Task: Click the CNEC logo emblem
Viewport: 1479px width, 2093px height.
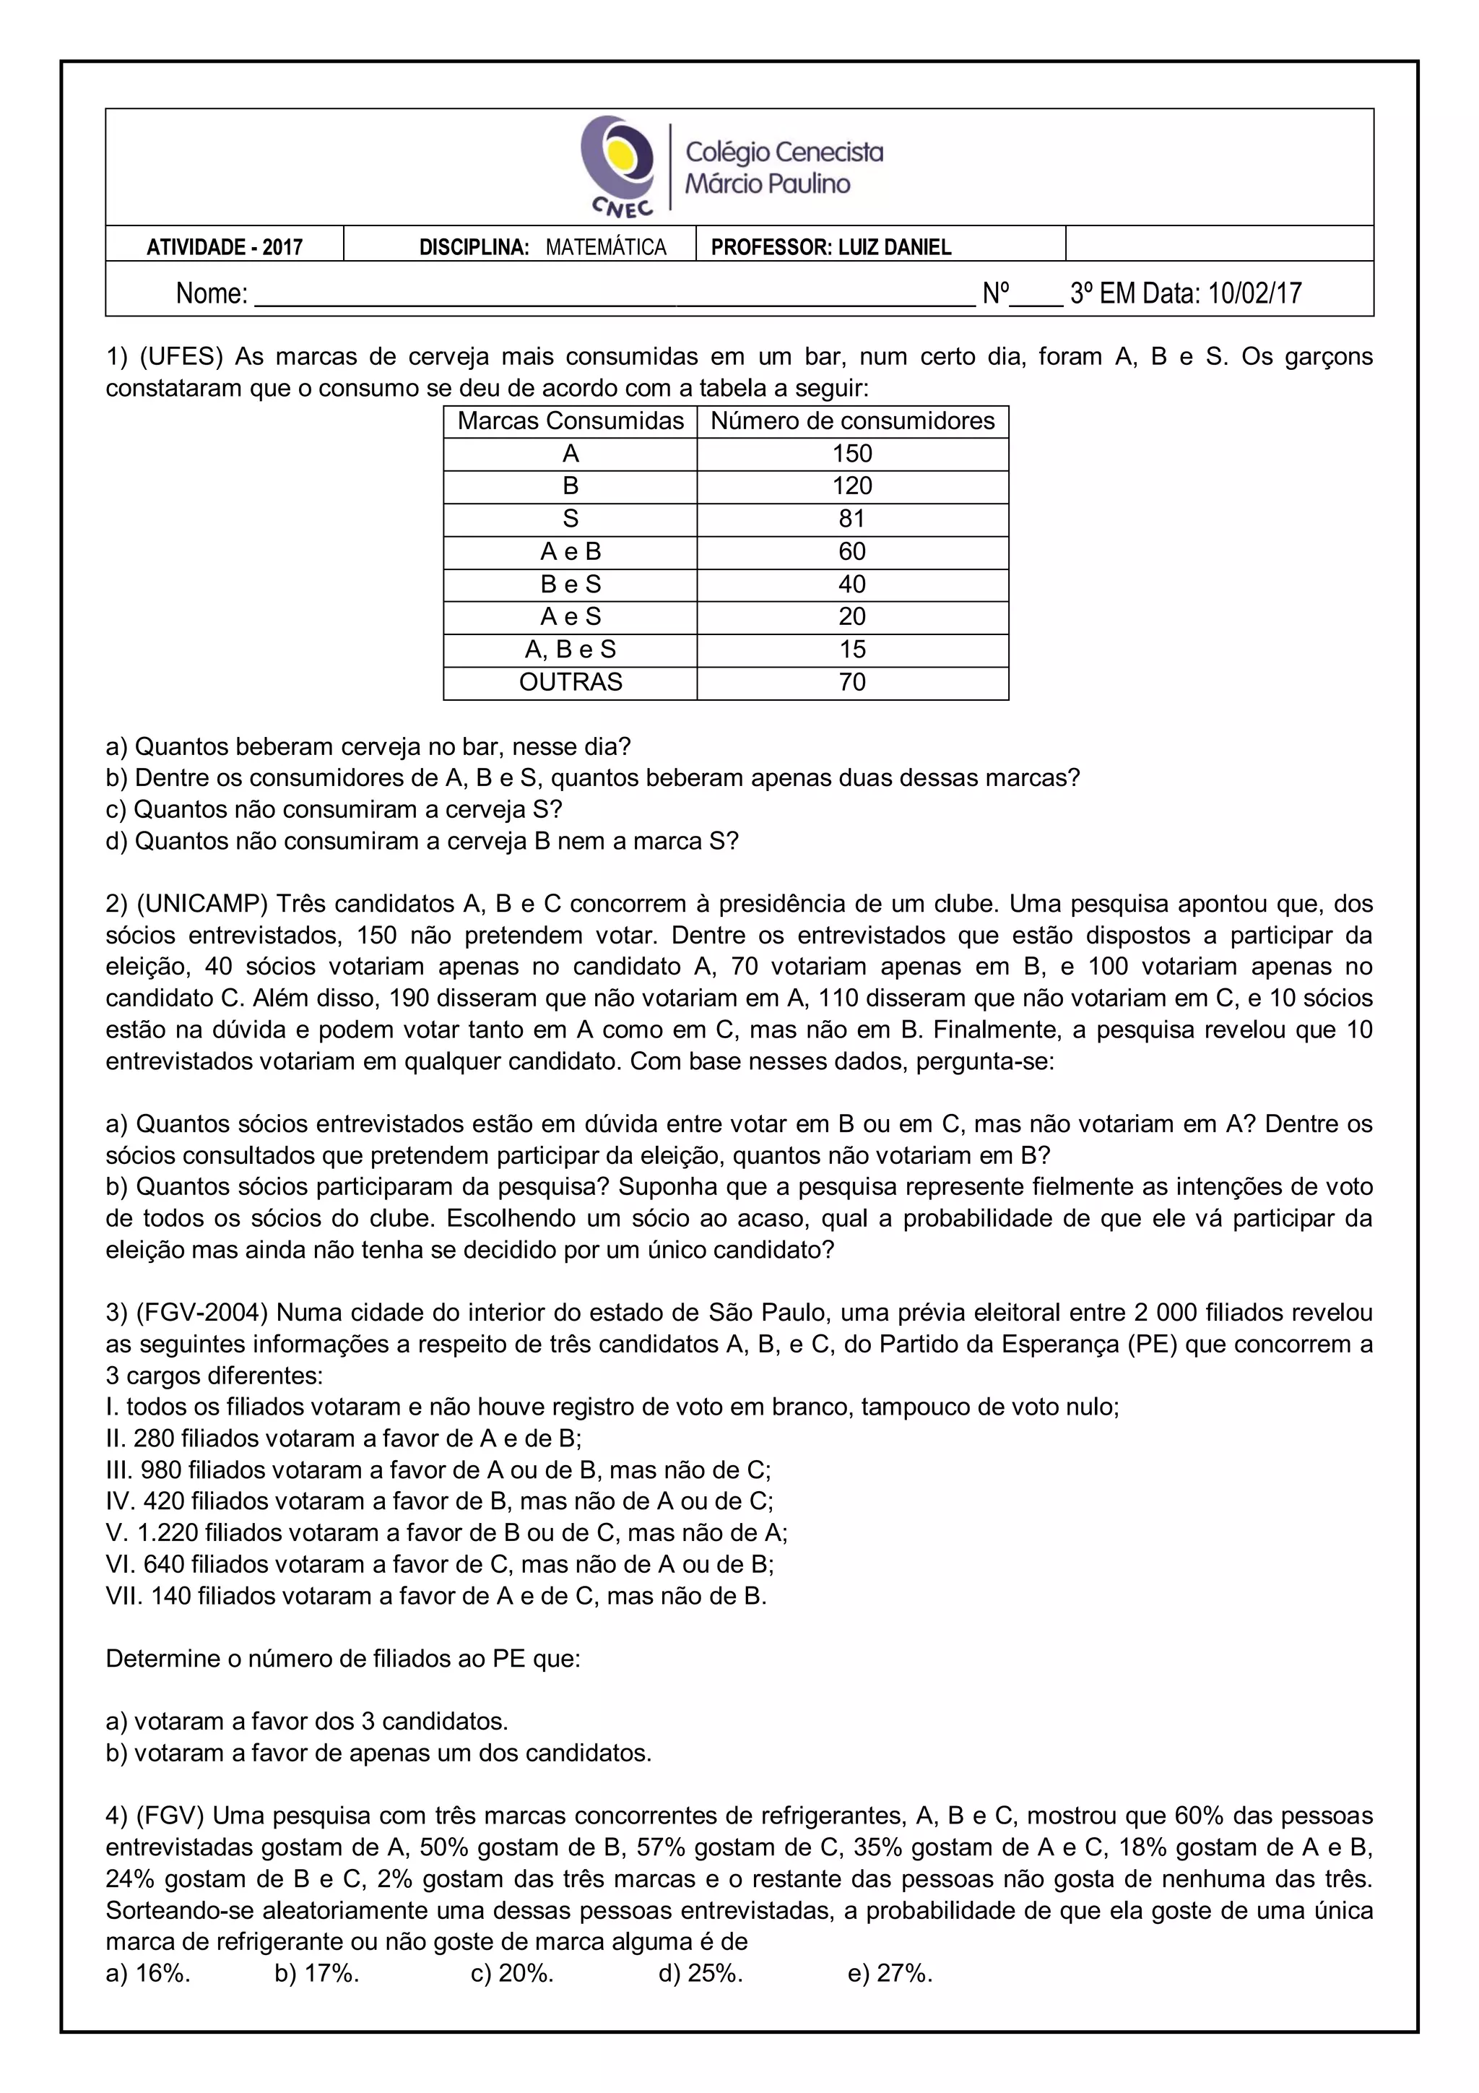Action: [617, 165]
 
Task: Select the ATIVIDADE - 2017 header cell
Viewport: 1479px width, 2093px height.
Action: [224, 247]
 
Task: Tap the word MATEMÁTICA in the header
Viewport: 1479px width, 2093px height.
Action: [606, 247]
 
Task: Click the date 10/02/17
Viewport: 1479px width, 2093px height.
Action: [1255, 293]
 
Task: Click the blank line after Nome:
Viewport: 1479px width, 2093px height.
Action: [614, 295]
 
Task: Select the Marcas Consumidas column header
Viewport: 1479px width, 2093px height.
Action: [571, 421]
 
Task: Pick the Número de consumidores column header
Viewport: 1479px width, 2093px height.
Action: [852, 421]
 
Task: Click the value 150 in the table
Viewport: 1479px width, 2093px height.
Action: [852, 454]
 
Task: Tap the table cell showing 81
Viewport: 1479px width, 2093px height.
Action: [852, 519]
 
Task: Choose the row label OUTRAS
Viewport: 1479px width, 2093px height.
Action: [571, 682]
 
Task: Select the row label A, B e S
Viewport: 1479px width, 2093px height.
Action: [571, 649]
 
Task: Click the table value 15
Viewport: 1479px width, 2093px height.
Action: [852, 649]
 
